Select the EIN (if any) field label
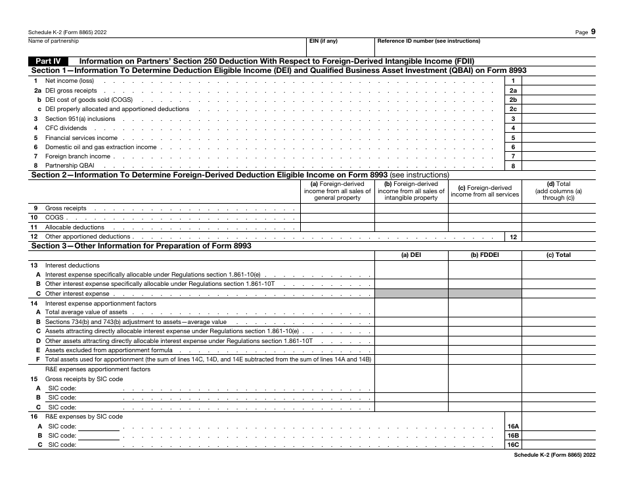point(323,41)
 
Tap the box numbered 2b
point(513,100)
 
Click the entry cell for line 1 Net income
point(558,81)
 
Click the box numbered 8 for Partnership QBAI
point(513,166)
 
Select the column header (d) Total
point(558,191)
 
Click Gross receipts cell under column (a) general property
point(337,208)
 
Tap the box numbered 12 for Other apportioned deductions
point(513,237)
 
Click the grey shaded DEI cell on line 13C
point(411,293)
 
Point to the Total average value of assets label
point(86,312)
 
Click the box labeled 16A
point(513,426)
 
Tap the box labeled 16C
point(513,445)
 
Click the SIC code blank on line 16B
point(99,436)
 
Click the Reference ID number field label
point(428,41)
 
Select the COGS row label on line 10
point(55,218)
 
